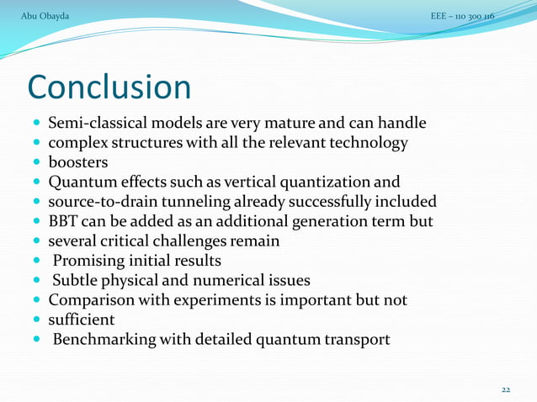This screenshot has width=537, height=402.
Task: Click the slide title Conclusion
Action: coord(109,87)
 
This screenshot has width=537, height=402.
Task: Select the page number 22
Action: coord(506,389)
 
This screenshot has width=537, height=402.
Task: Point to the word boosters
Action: coord(78,162)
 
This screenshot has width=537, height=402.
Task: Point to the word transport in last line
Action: coord(358,340)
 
